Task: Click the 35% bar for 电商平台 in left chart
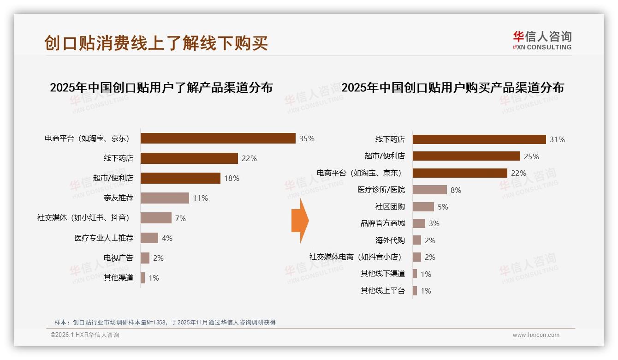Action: point(218,138)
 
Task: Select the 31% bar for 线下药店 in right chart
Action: point(479,139)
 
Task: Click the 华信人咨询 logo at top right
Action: point(542,40)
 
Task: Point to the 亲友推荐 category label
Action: point(119,198)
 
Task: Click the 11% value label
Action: point(201,198)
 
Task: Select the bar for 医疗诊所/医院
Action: point(429,190)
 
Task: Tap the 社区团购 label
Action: point(390,207)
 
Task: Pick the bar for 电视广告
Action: point(145,258)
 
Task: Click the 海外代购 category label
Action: point(390,240)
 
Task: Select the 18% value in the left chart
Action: point(232,179)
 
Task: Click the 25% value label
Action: point(531,156)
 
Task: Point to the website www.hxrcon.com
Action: point(536,335)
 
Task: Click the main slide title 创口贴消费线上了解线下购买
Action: point(156,43)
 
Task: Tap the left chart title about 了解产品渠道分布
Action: point(161,87)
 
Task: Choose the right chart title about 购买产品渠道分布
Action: point(452,87)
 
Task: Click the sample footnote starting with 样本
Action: point(165,322)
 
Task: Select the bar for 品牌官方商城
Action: point(419,223)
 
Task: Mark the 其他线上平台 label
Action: point(382,291)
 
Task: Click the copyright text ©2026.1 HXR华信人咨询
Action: point(85,335)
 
